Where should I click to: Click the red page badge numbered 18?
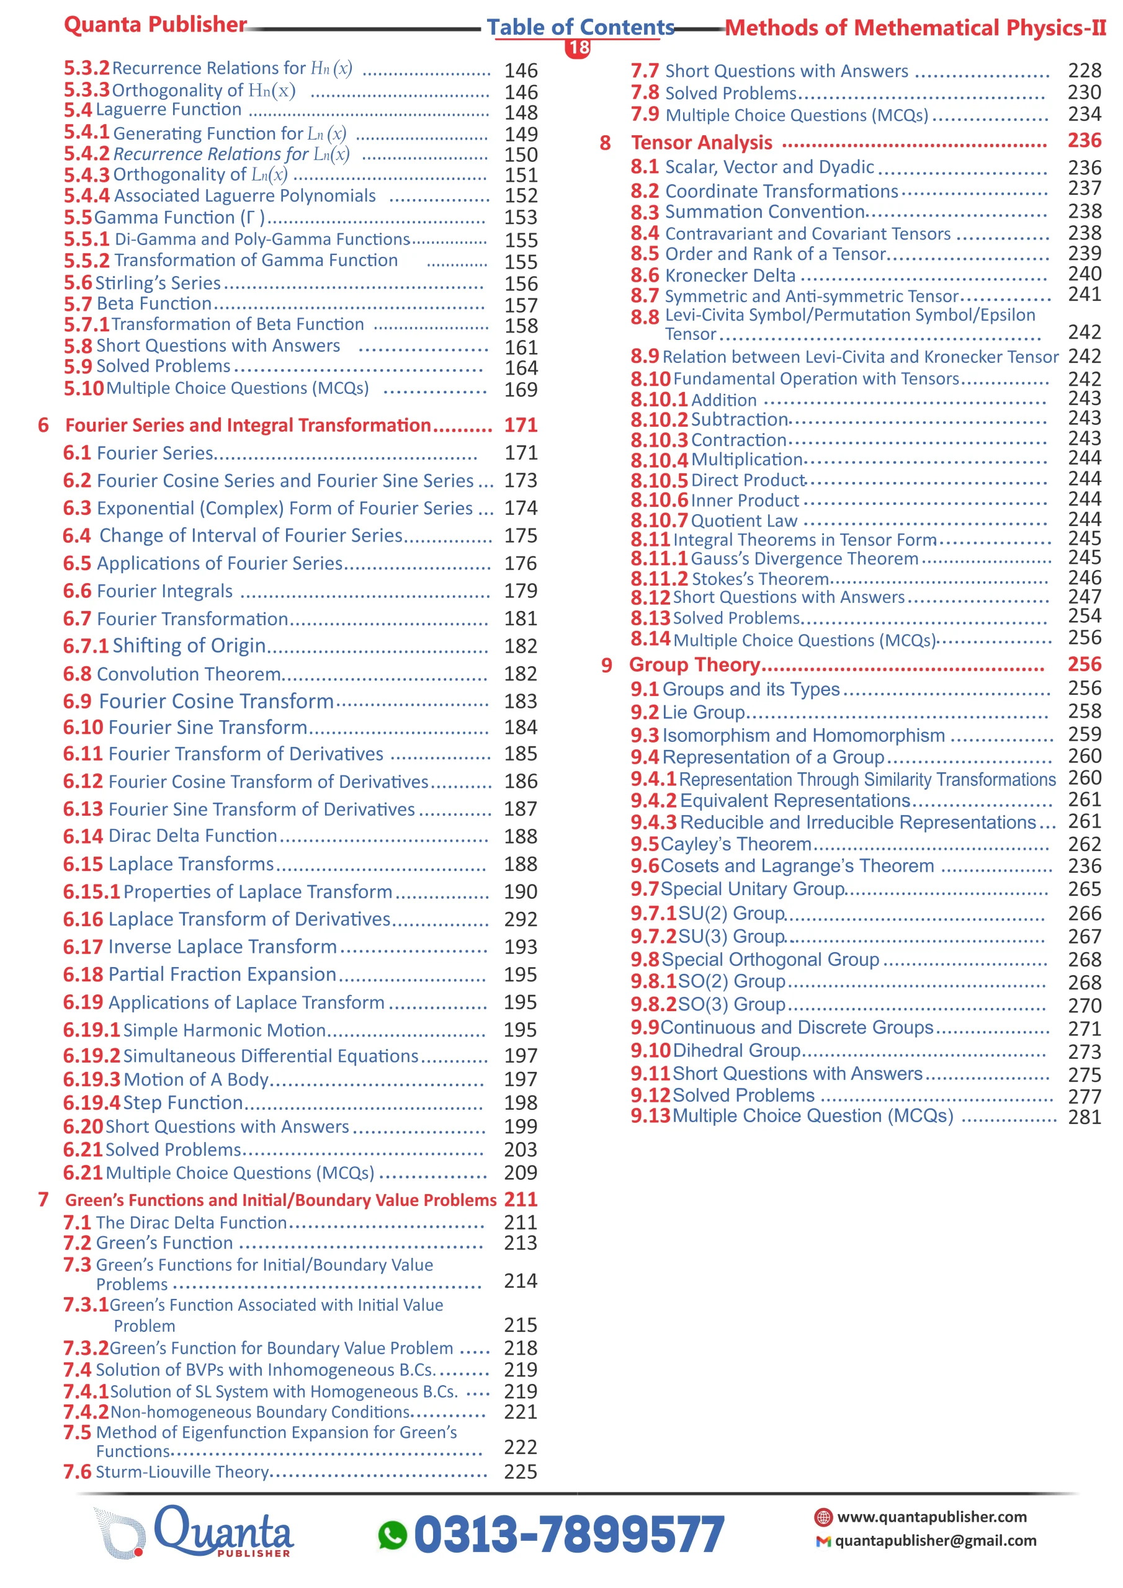[578, 48]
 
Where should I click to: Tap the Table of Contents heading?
[580, 27]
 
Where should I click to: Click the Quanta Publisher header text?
[155, 25]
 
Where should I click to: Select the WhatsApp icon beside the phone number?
[392, 1535]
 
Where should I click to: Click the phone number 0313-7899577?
[569, 1535]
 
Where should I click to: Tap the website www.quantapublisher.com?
[931, 1517]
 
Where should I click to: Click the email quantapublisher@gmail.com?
[935, 1540]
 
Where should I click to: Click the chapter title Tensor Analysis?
[701, 143]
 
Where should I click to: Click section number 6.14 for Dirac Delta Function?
[83, 836]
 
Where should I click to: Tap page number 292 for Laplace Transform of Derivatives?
[521, 919]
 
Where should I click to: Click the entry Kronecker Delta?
[730, 275]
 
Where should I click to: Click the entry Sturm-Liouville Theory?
[182, 1471]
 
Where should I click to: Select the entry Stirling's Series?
[158, 283]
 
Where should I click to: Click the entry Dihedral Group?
[736, 1050]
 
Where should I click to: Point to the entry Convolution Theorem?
[188, 674]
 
